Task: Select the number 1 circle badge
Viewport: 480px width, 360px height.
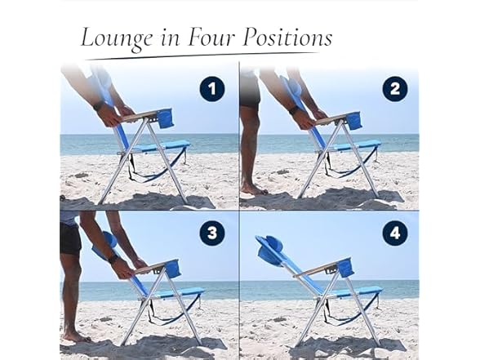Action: click(x=211, y=88)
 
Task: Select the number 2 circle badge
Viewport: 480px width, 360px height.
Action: click(x=394, y=88)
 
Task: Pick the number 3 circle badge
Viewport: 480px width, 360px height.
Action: click(x=211, y=233)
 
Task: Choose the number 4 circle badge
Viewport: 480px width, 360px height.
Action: click(x=394, y=233)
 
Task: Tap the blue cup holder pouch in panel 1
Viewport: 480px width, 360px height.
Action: click(x=166, y=119)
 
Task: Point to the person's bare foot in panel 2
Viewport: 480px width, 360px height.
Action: click(x=254, y=189)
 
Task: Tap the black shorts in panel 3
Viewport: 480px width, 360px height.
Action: click(x=70, y=238)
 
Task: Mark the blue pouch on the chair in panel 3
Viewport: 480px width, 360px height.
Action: click(x=173, y=269)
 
